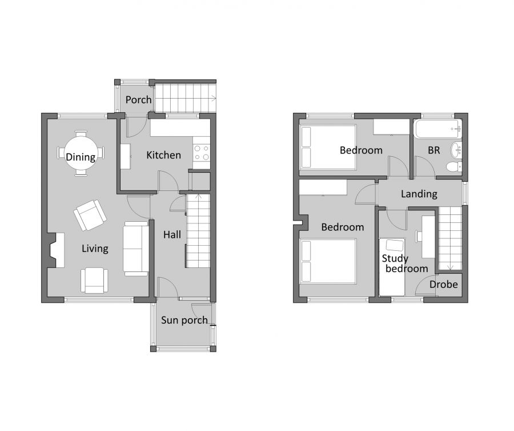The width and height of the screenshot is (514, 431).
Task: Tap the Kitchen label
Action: tap(163, 155)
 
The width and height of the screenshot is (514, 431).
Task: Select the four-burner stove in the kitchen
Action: tap(201, 153)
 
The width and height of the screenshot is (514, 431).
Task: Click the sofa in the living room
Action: tap(136, 249)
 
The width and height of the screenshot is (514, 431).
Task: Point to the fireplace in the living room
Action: tap(56, 251)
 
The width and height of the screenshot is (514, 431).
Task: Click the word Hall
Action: tap(172, 234)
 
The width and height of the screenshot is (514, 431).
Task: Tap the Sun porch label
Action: tap(184, 320)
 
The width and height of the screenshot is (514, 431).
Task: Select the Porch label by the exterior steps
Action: tap(138, 100)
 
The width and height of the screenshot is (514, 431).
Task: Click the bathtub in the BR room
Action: tap(437, 129)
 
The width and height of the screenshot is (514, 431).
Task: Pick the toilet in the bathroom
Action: tap(453, 166)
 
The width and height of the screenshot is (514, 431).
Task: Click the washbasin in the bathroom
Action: tap(456, 149)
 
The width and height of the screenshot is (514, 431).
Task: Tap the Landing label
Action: tap(419, 194)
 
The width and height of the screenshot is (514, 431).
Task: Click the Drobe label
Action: tap(444, 284)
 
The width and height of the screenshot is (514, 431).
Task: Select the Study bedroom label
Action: tap(404, 263)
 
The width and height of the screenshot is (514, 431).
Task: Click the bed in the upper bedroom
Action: tap(328, 147)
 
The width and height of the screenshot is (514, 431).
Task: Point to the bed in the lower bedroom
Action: tap(328, 261)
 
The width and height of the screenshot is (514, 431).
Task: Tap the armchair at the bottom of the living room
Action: tap(93, 280)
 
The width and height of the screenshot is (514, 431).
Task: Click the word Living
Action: tap(95, 249)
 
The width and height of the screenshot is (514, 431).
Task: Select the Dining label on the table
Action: tap(81, 157)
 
